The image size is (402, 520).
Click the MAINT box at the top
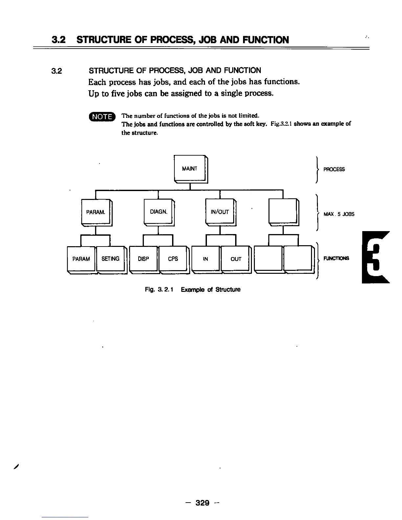190,169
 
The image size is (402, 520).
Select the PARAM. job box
96,212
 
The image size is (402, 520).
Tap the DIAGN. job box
158,212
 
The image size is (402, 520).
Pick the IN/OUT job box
219,212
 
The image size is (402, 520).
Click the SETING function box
110,259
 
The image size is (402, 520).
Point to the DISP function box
144,259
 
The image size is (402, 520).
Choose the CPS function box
173,259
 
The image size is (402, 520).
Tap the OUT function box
236,259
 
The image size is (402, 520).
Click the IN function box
206,259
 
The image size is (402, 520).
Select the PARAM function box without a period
81,259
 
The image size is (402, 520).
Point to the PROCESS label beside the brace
334,169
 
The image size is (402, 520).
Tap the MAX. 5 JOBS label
339,214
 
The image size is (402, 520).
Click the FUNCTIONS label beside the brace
336,258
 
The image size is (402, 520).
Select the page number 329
202,503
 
